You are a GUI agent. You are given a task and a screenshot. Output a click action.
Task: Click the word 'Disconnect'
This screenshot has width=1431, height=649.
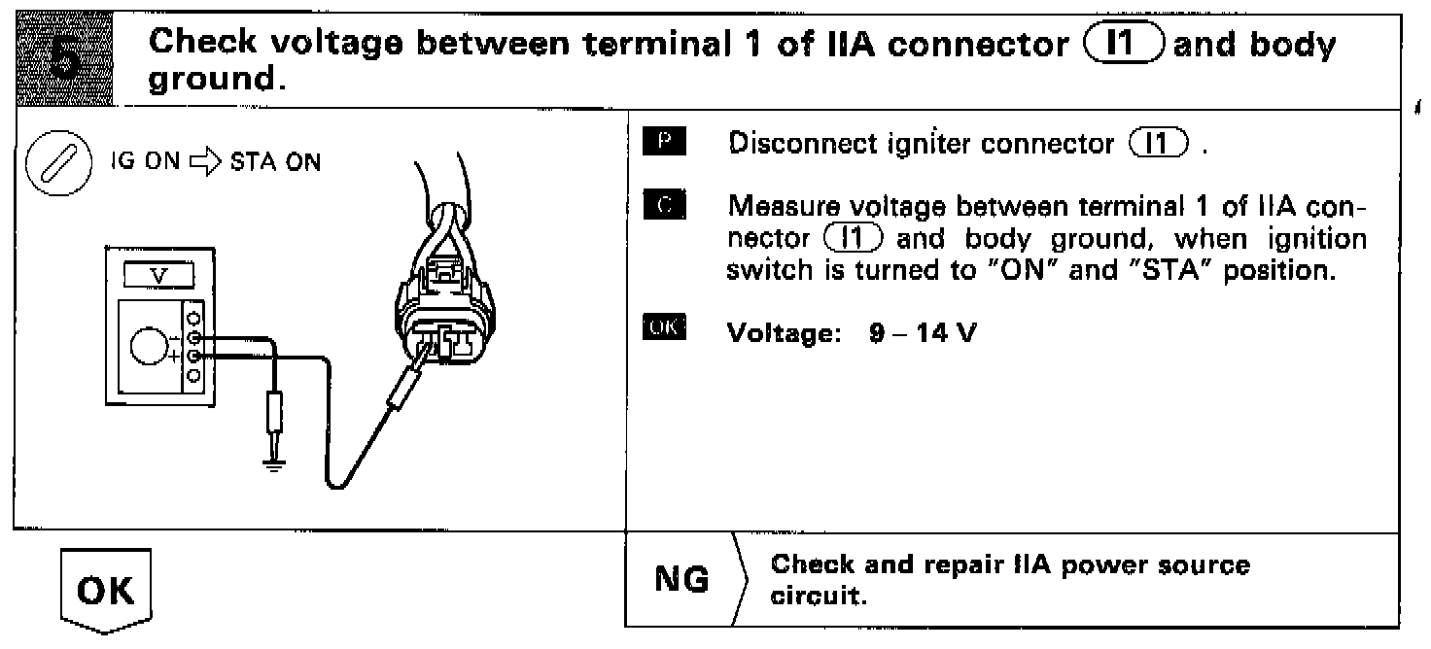tap(791, 146)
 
